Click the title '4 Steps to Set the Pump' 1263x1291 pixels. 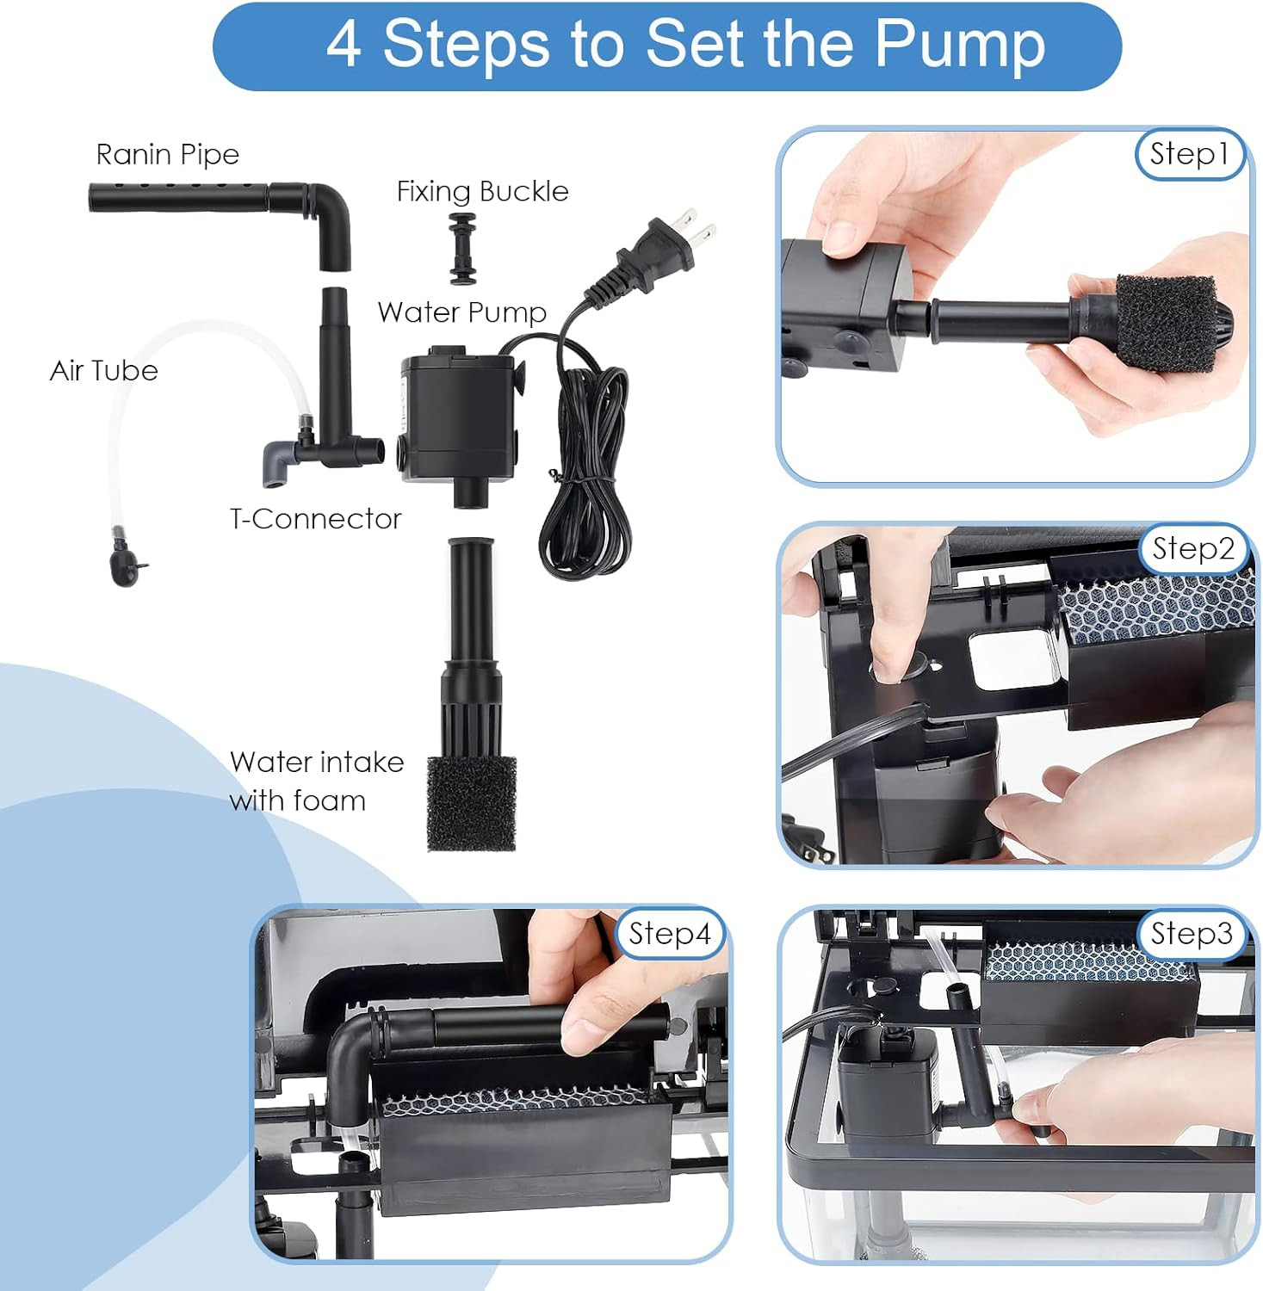[685, 45]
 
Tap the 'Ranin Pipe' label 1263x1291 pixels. [167, 155]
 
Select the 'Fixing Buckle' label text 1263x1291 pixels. [482, 191]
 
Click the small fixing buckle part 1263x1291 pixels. [462, 249]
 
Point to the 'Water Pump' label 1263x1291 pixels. [461, 312]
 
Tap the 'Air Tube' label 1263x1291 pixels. [104, 371]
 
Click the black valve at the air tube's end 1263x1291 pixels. [125, 566]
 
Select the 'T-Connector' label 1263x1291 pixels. [315, 519]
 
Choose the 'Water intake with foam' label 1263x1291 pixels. [316, 781]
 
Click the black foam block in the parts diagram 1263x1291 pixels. [472, 804]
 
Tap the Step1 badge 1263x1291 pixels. [1189, 154]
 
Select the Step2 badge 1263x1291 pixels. [1192, 549]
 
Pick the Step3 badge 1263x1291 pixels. [1192, 934]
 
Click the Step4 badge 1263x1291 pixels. [670, 934]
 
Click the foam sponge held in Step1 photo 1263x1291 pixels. [1167, 324]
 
